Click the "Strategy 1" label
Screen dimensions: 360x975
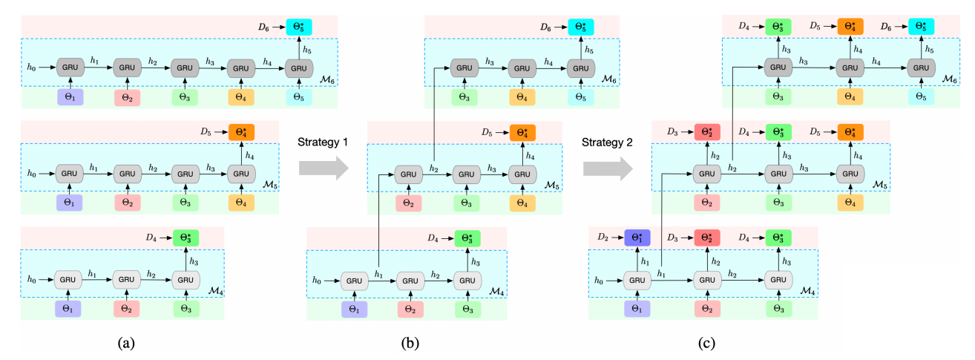(321, 141)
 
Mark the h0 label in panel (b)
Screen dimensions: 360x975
(317, 281)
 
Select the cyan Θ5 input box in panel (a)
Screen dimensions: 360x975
(298, 96)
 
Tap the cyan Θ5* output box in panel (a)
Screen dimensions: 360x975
(298, 27)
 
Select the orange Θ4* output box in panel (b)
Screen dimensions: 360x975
(522, 133)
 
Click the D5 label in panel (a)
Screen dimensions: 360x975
(206, 133)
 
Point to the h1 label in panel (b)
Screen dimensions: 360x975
(380, 275)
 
